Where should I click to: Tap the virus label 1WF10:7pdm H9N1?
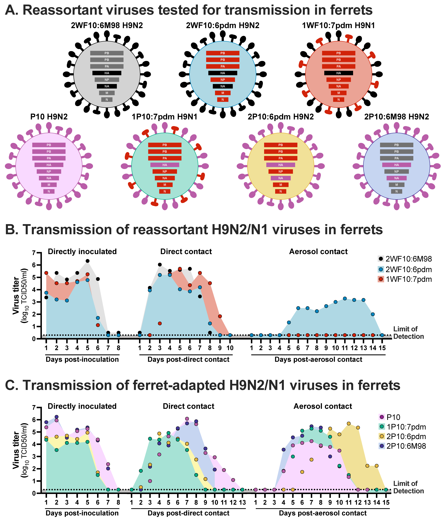pos(339,25)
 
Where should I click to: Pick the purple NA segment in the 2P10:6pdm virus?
pos(281,178)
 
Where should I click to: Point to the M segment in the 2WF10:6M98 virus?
pos(107,93)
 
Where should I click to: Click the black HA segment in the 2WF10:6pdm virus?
pos(223,73)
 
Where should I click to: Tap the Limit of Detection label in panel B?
pos(408,333)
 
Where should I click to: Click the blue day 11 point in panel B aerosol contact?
pos(345,299)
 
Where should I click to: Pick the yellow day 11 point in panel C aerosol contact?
pos(349,424)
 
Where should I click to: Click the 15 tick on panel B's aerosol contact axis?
pos(382,348)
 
